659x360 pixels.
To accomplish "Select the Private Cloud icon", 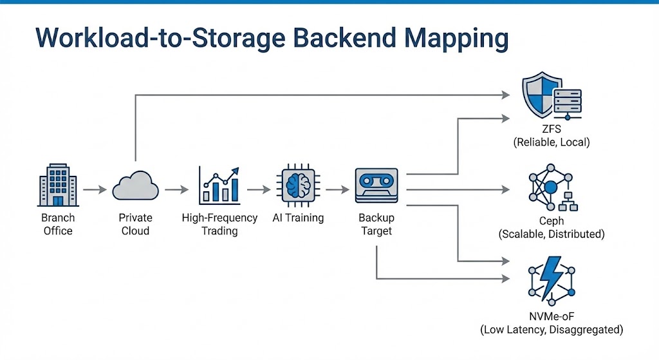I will (135, 188).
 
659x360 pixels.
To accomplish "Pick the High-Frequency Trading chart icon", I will (219, 185).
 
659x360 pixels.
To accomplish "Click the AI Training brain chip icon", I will (298, 187).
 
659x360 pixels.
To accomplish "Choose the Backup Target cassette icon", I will (376, 187).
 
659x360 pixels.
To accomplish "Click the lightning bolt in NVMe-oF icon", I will (552, 278).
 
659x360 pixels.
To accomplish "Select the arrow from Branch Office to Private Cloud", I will (95, 190).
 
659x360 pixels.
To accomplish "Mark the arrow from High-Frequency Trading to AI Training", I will (259, 190).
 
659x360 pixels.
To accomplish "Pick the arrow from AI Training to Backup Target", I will (337, 190).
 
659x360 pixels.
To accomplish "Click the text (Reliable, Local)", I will (552, 143).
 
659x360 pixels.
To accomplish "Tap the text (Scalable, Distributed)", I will (552, 234).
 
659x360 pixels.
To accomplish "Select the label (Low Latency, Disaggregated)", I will (552, 330).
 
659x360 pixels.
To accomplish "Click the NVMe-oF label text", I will (552, 316).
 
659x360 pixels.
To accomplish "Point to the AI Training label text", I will (298, 218).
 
